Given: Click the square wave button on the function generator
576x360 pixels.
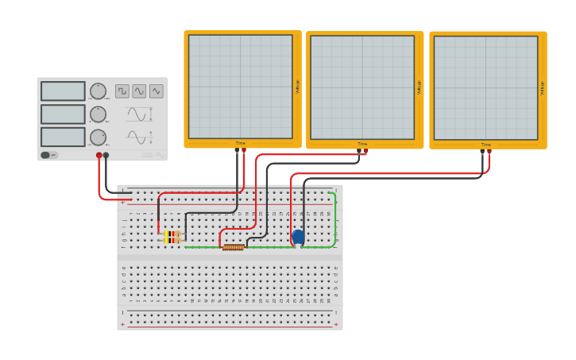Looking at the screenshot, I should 122,91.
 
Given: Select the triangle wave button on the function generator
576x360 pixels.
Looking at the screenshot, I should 157,91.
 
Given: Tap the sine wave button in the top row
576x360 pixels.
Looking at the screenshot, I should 139,91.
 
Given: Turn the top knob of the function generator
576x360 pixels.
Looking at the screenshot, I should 98,91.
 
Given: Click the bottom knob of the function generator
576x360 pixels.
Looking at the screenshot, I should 98,137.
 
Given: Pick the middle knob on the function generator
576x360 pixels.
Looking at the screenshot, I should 98,114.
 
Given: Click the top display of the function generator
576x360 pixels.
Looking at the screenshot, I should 63,91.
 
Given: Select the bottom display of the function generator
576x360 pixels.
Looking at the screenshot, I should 63,137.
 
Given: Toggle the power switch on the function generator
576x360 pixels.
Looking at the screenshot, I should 48,155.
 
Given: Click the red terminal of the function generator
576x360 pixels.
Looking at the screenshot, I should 99,156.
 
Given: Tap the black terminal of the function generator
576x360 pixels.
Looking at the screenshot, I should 106,156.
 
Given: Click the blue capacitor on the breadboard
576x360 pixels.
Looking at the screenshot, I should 298,237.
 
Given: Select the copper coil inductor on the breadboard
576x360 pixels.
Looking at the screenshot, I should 233,247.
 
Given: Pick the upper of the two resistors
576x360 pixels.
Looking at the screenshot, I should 172,233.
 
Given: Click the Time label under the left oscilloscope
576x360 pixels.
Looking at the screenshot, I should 240,144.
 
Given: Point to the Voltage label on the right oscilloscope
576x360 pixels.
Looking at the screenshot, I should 543,87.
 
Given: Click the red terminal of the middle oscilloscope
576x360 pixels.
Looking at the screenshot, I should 365,150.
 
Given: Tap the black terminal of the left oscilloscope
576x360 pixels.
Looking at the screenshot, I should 237,149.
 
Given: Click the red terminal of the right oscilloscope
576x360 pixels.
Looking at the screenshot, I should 489,150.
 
